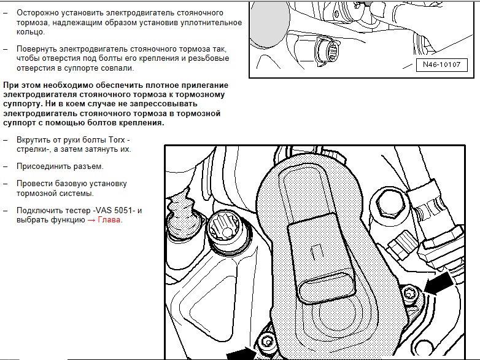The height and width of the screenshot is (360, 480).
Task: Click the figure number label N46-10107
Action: coord(442,65)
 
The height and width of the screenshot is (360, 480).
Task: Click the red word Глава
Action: coord(109,220)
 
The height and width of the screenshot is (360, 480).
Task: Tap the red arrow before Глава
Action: coord(91,220)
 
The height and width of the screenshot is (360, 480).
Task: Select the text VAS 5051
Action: coord(114,211)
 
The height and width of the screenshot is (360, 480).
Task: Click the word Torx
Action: coord(117,139)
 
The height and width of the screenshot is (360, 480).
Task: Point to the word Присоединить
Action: coord(44,166)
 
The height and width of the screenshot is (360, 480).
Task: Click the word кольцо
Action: coord(30,32)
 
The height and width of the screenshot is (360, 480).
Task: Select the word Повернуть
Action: coord(37,49)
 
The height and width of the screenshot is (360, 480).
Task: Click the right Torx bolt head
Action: coord(409,295)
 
